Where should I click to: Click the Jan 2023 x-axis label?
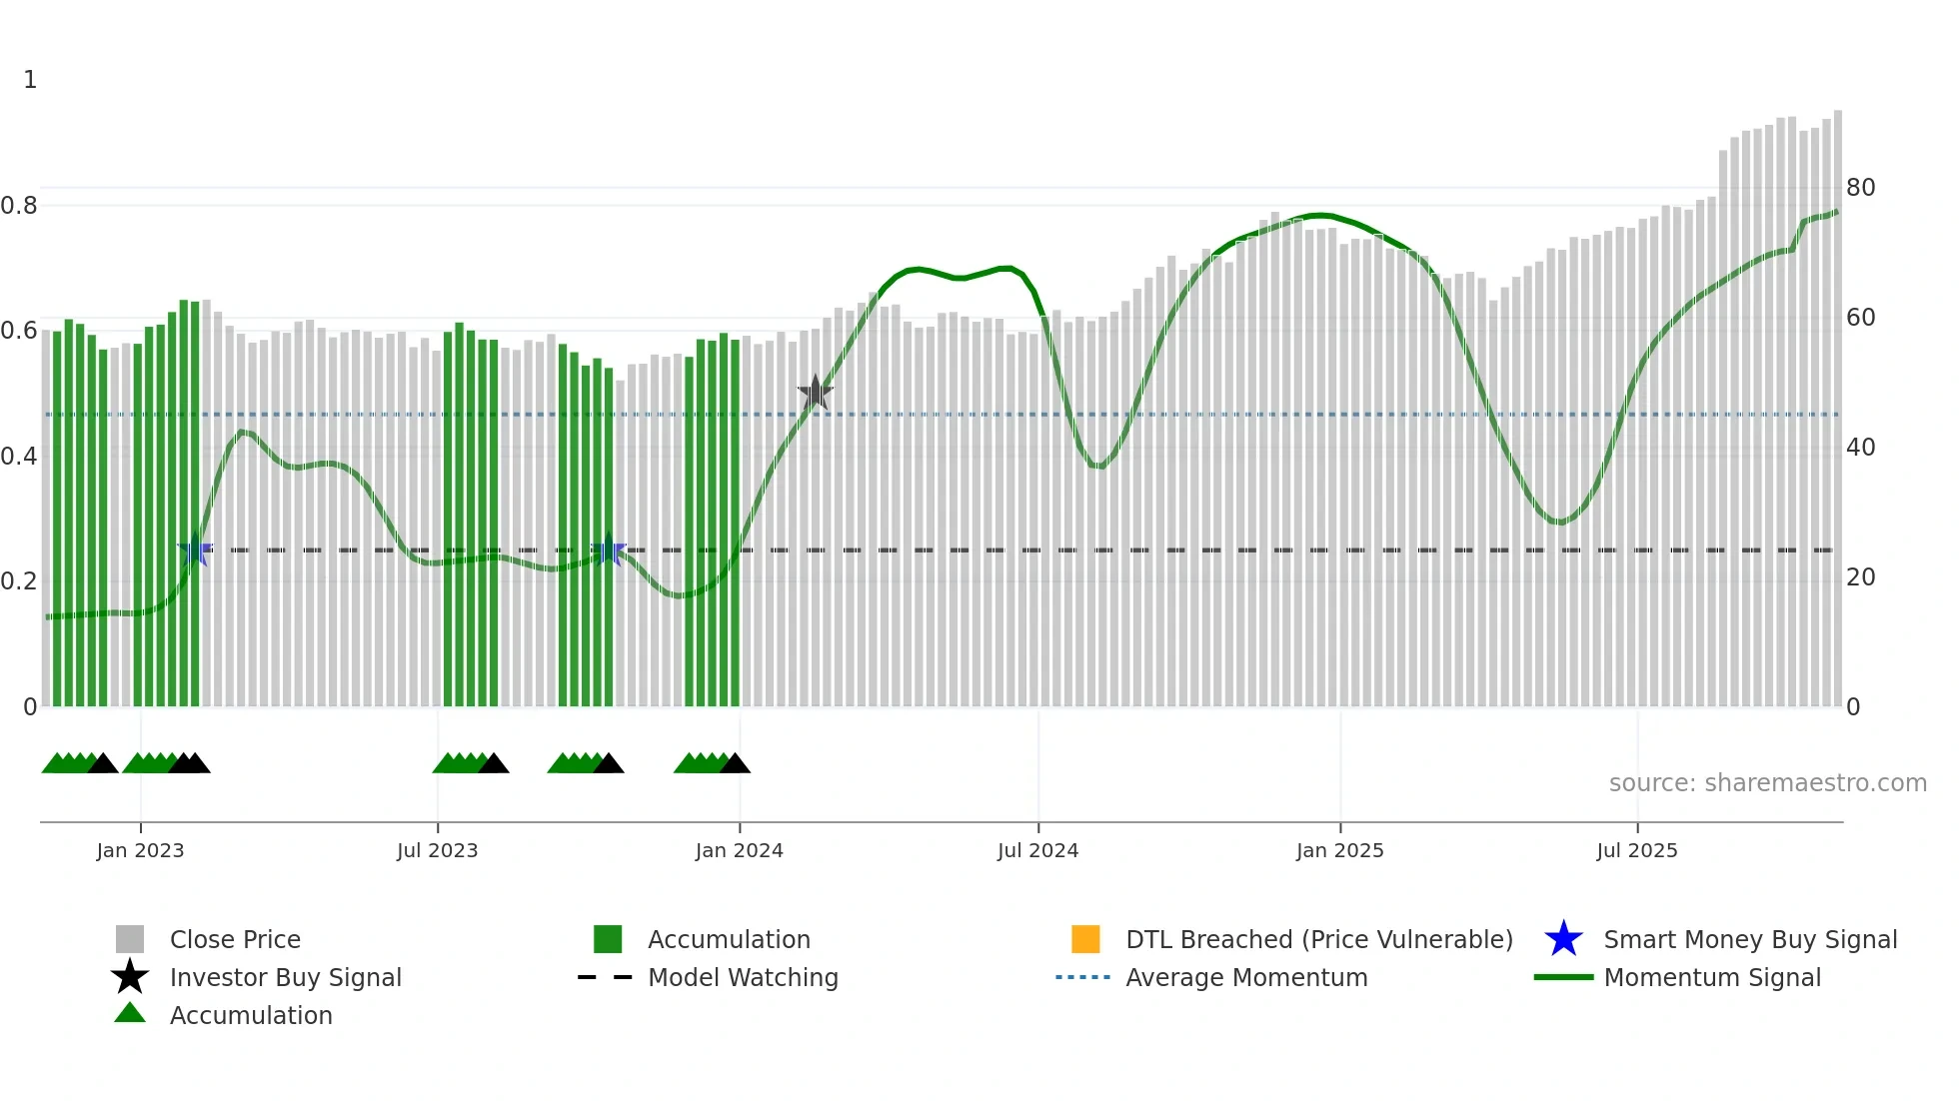(x=140, y=850)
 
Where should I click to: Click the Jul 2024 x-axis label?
(x=1037, y=850)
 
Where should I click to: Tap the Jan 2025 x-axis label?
(x=1339, y=850)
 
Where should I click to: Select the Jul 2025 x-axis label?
(x=1636, y=850)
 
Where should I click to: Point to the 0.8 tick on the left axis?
(x=19, y=206)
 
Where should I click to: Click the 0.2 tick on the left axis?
(x=19, y=581)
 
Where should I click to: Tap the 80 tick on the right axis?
(x=1860, y=188)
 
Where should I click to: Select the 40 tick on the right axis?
(x=1860, y=448)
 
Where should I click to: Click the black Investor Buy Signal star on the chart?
(x=815, y=393)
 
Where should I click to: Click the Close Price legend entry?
(x=235, y=939)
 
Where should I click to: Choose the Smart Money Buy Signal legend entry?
(x=1749, y=939)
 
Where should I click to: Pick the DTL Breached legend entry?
(x=1318, y=939)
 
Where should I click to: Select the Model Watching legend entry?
(x=743, y=977)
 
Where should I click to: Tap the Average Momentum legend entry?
(x=1246, y=977)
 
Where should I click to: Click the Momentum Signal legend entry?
(x=1712, y=977)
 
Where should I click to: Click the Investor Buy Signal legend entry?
(x=285, y=977)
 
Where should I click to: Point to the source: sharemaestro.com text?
(x=1767, y=783)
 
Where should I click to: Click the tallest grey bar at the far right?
(x=1837, y=400)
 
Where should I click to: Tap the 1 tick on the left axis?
(x=30, y=80)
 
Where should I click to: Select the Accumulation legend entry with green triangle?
(x=250, y=1015)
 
